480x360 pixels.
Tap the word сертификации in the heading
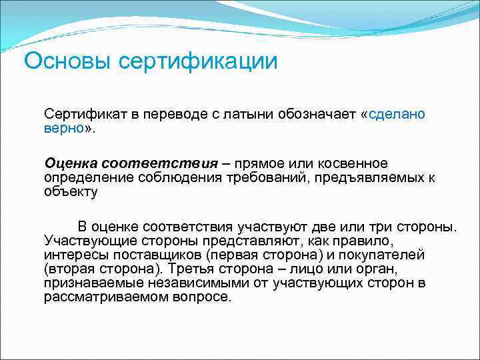click(198, 61)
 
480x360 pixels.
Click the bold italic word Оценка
click(71, 163)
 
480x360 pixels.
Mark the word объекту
click(71, 192)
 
